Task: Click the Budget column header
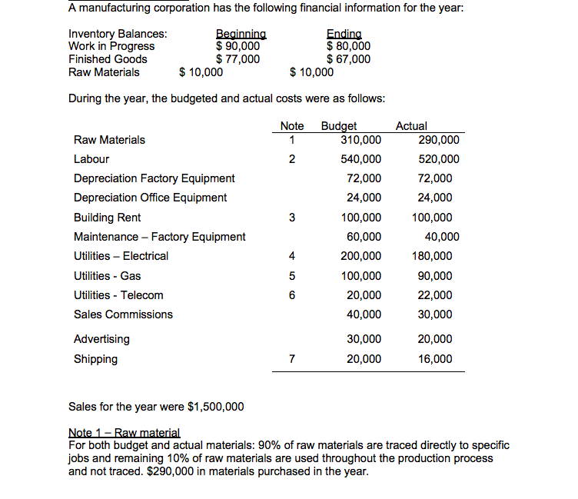click(338, 126)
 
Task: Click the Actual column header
click(411, 126)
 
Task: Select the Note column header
click(292, 126)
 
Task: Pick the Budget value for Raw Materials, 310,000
click(360, 140)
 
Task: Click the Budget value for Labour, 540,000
click(360, 159)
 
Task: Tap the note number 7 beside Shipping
click(291, 359)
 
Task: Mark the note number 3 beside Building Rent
click(291, 218)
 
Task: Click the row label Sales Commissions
click(123, 314)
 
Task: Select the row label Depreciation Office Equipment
click(150, 198)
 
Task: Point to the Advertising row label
click(101, 339)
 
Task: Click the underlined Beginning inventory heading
click(241, 34)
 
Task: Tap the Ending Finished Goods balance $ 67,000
click(348, 59)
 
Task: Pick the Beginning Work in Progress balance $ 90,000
click(238, 46)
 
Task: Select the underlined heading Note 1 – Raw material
click(124, 433)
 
